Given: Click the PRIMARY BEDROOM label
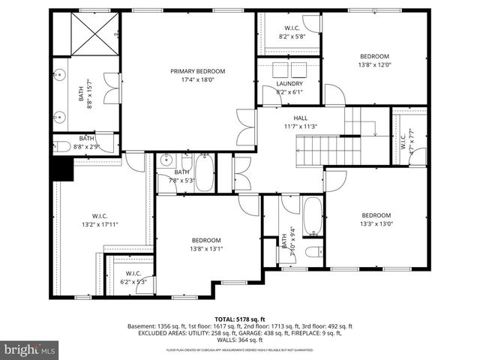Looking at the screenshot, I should pos(197,71).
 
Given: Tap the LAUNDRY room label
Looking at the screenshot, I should pos(289,83).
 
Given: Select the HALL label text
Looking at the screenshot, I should pos(300,118).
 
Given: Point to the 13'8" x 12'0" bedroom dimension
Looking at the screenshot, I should pos(374,65).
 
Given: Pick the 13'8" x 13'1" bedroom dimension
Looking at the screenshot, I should pos(205,249).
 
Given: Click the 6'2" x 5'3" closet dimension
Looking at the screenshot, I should pos(133,282).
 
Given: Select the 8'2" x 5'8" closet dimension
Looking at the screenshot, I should pos(292,36).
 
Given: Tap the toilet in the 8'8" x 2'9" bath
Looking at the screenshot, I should pos(63,146).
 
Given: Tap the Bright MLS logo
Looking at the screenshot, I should pos(29,349).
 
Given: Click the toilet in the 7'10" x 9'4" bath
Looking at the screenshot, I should pos(315,250).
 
